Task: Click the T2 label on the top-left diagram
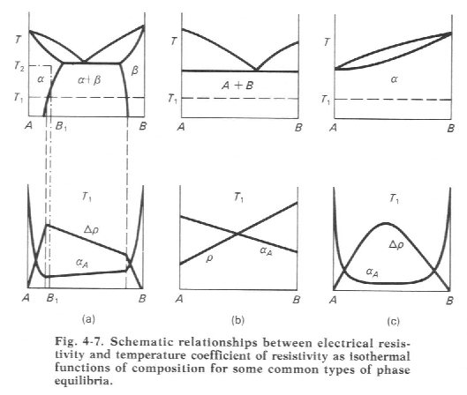(x=19, y=66)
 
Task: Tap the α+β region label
(x=89, y=79)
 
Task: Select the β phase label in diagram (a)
(x=134, y=71)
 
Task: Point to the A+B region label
(x=237, y=86)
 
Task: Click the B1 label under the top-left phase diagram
(x=61, y=126)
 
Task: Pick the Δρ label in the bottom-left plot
(x=91, y=229)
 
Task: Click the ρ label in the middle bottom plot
(x=209, y=258)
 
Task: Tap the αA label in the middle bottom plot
(x=266, y=251)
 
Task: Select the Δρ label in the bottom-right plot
(x=396, y=245)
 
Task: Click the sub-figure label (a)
(x=88, y=319)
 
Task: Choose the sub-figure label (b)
(x=238, y=320)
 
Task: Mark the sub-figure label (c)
(x=393, y=321)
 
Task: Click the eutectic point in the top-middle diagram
(x=256, y=71)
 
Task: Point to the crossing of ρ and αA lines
(x=237, y=234)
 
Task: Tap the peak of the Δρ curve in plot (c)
(x=386, y=223)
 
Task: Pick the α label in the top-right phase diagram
(x=394, y=79)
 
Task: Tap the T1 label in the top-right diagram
(x=325, y=100)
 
